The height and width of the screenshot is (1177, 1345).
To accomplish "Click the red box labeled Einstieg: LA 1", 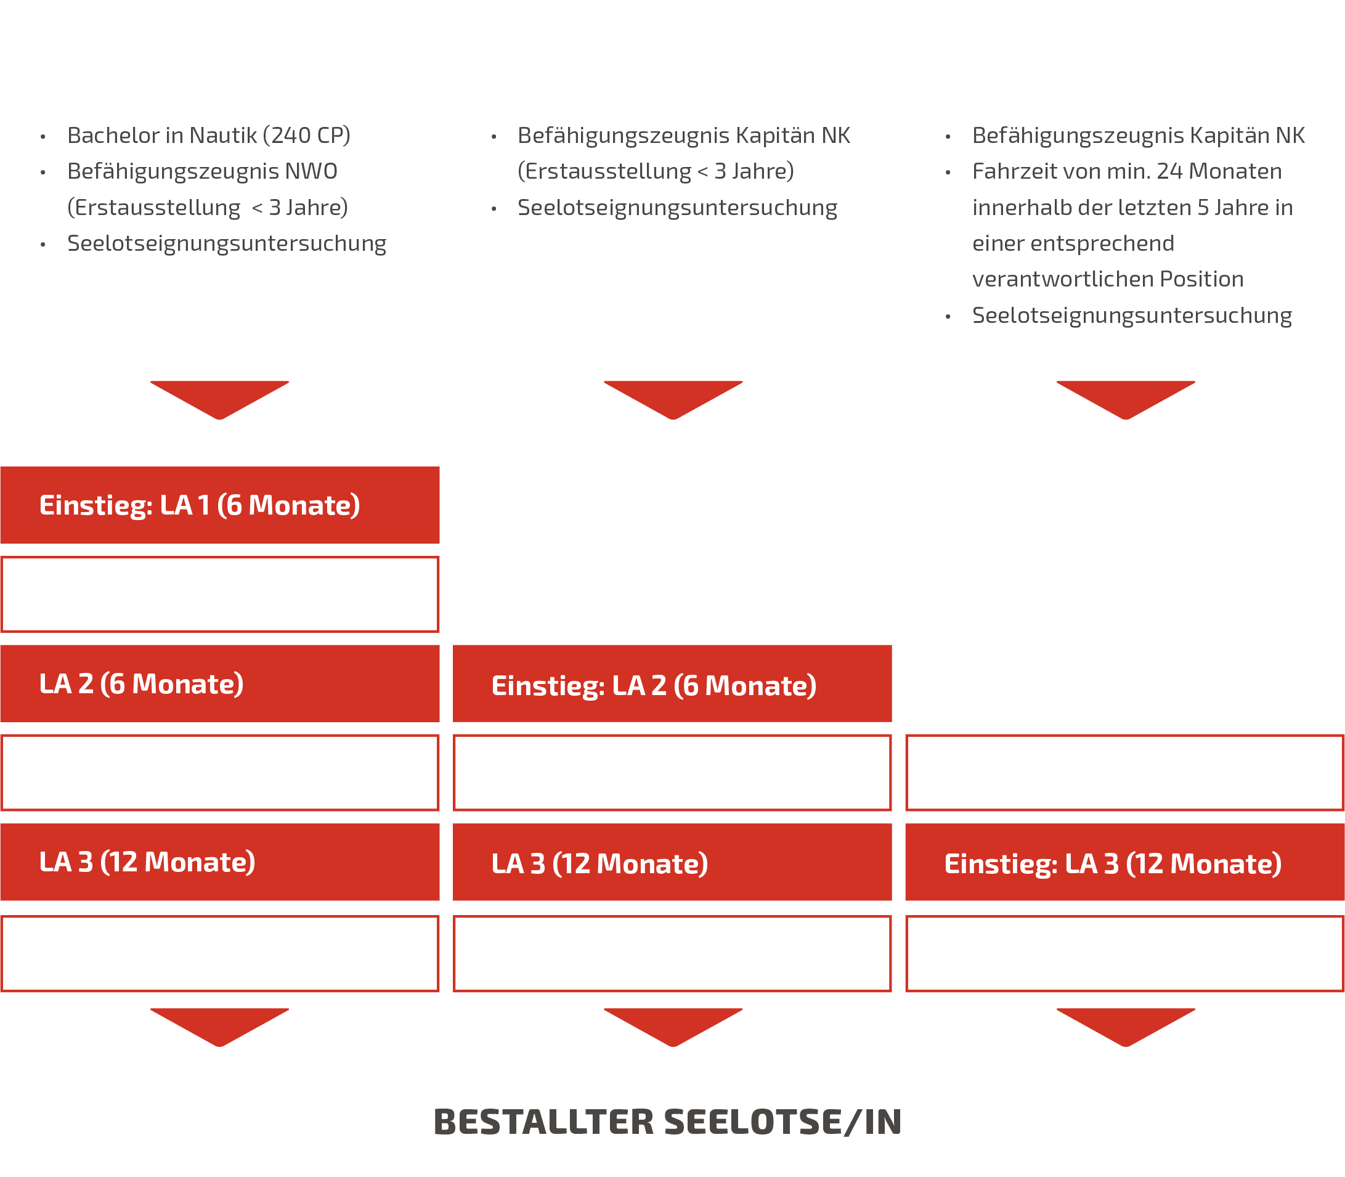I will tap(219, 505).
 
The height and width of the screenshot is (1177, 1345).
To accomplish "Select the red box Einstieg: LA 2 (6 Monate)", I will tap(672, 684).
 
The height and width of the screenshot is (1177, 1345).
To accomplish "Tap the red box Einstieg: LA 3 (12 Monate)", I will tap(1124, 862).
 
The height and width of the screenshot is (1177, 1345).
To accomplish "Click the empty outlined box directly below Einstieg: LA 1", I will tap(219, 595).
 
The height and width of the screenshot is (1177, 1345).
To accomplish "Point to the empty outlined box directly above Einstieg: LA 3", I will tap(1124, 773).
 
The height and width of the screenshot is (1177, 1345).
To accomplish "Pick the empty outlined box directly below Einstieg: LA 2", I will tap(672, 773).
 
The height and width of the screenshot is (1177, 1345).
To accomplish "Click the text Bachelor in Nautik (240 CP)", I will tap(209, 136).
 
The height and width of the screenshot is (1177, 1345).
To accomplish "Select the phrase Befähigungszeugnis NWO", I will tap(202, 171).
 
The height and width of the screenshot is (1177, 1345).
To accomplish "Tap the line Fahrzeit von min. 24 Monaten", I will tap(1127, 171).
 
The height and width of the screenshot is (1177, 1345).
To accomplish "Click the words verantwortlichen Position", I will tap(1108, 279).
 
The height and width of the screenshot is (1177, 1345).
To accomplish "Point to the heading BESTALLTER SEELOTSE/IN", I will tap(667, 1122).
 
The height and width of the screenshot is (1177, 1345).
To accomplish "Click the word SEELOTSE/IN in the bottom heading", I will tap(783, 1122).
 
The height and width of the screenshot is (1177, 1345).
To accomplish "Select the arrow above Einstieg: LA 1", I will tap(219, 399).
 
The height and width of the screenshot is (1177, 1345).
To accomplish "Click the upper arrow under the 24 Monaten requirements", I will tap(1126, 399).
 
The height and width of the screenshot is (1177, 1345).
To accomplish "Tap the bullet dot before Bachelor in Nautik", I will tap(43, 137).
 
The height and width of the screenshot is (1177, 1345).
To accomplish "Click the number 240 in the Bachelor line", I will tap(291, 136).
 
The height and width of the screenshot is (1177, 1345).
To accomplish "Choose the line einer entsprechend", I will tap(1073, 243).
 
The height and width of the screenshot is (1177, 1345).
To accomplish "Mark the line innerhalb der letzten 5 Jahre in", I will tap(1132, 208).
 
